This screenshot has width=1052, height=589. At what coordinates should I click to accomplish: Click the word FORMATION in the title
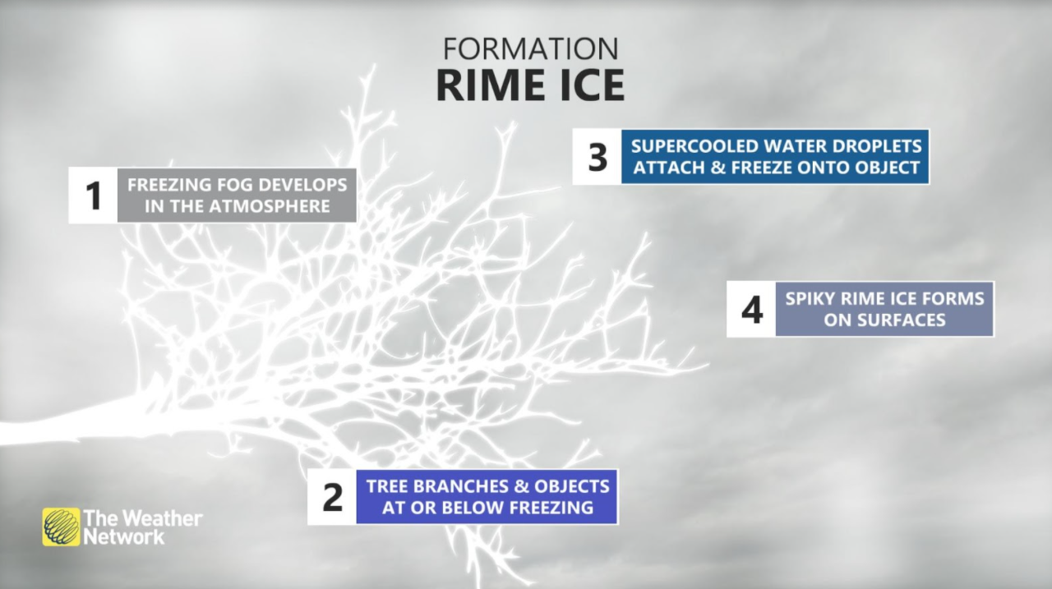coord(530,48)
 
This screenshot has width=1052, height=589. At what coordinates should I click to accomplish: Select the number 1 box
coord(93,196)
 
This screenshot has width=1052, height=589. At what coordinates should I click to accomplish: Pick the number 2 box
coord(332,497)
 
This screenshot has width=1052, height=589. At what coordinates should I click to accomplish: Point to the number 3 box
coord(598,157)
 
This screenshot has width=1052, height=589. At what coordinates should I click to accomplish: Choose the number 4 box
coord(751,310)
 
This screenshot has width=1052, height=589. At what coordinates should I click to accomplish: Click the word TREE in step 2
coord(388,485)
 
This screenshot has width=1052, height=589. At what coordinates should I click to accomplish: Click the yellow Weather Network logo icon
coord(62,527)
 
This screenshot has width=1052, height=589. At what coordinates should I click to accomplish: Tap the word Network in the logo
coord(124,537)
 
